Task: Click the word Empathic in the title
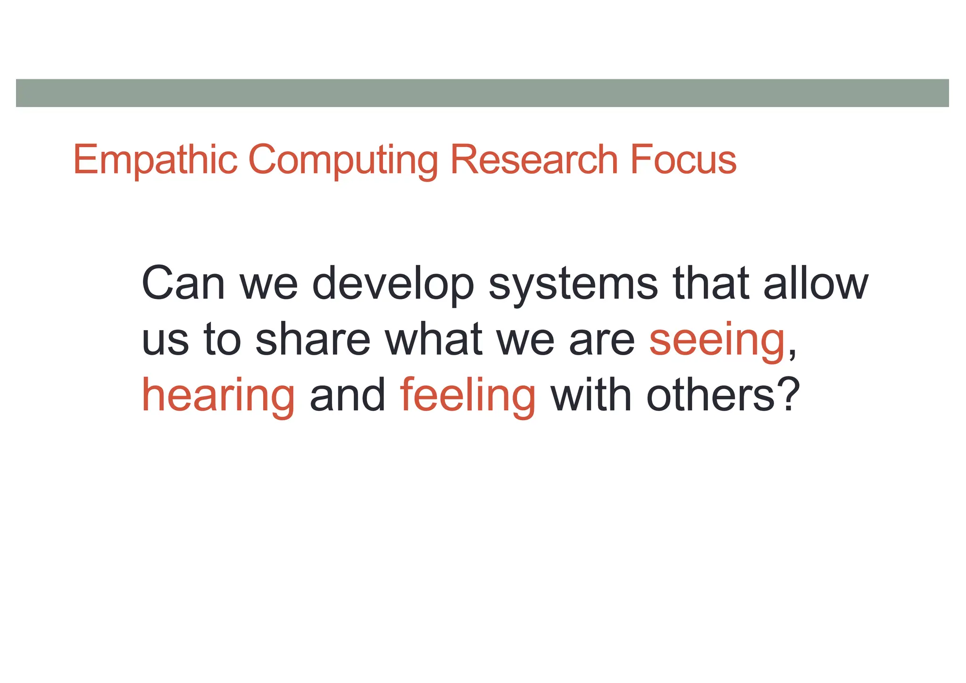pos(155,160)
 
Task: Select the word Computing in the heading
pos(343,161)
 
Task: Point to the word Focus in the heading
pos(683,160)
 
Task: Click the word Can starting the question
pos(183,284)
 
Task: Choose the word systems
pos(573,286)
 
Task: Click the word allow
pos(816,284)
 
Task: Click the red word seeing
pos(717,341)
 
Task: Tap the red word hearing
pos(218,396)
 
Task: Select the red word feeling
pos(468,396)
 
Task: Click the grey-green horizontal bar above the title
pos(482,93)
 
